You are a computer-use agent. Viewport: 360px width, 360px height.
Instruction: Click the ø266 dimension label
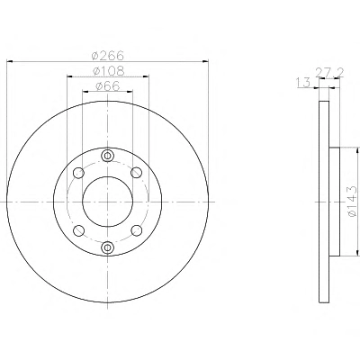pyautogui.click(x=107, y=55)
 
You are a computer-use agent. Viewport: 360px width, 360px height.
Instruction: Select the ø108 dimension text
pyautogui.click(x=108, y=71)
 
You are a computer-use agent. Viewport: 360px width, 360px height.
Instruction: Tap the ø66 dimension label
pyautogui.click(x=108, y=86)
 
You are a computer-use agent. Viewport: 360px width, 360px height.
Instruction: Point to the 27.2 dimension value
pyautogui.click(x=329, y=72)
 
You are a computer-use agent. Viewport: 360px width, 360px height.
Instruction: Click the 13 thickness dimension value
pyautogui.click(x=303, y=83)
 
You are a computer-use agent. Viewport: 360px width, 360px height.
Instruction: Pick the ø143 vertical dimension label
pyautogui.click(x=352, y=201)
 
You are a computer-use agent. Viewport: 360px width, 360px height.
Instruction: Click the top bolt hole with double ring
pyautogui.click(x=107, y=156)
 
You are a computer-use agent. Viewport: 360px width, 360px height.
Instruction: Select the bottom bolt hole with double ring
pyautogui.click(x=107, y=247)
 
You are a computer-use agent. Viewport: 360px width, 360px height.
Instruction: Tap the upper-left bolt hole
pyautogui.click(x=78, y=173)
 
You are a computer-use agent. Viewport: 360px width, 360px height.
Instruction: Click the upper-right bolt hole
pyautogui.click(x=137, y=173)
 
